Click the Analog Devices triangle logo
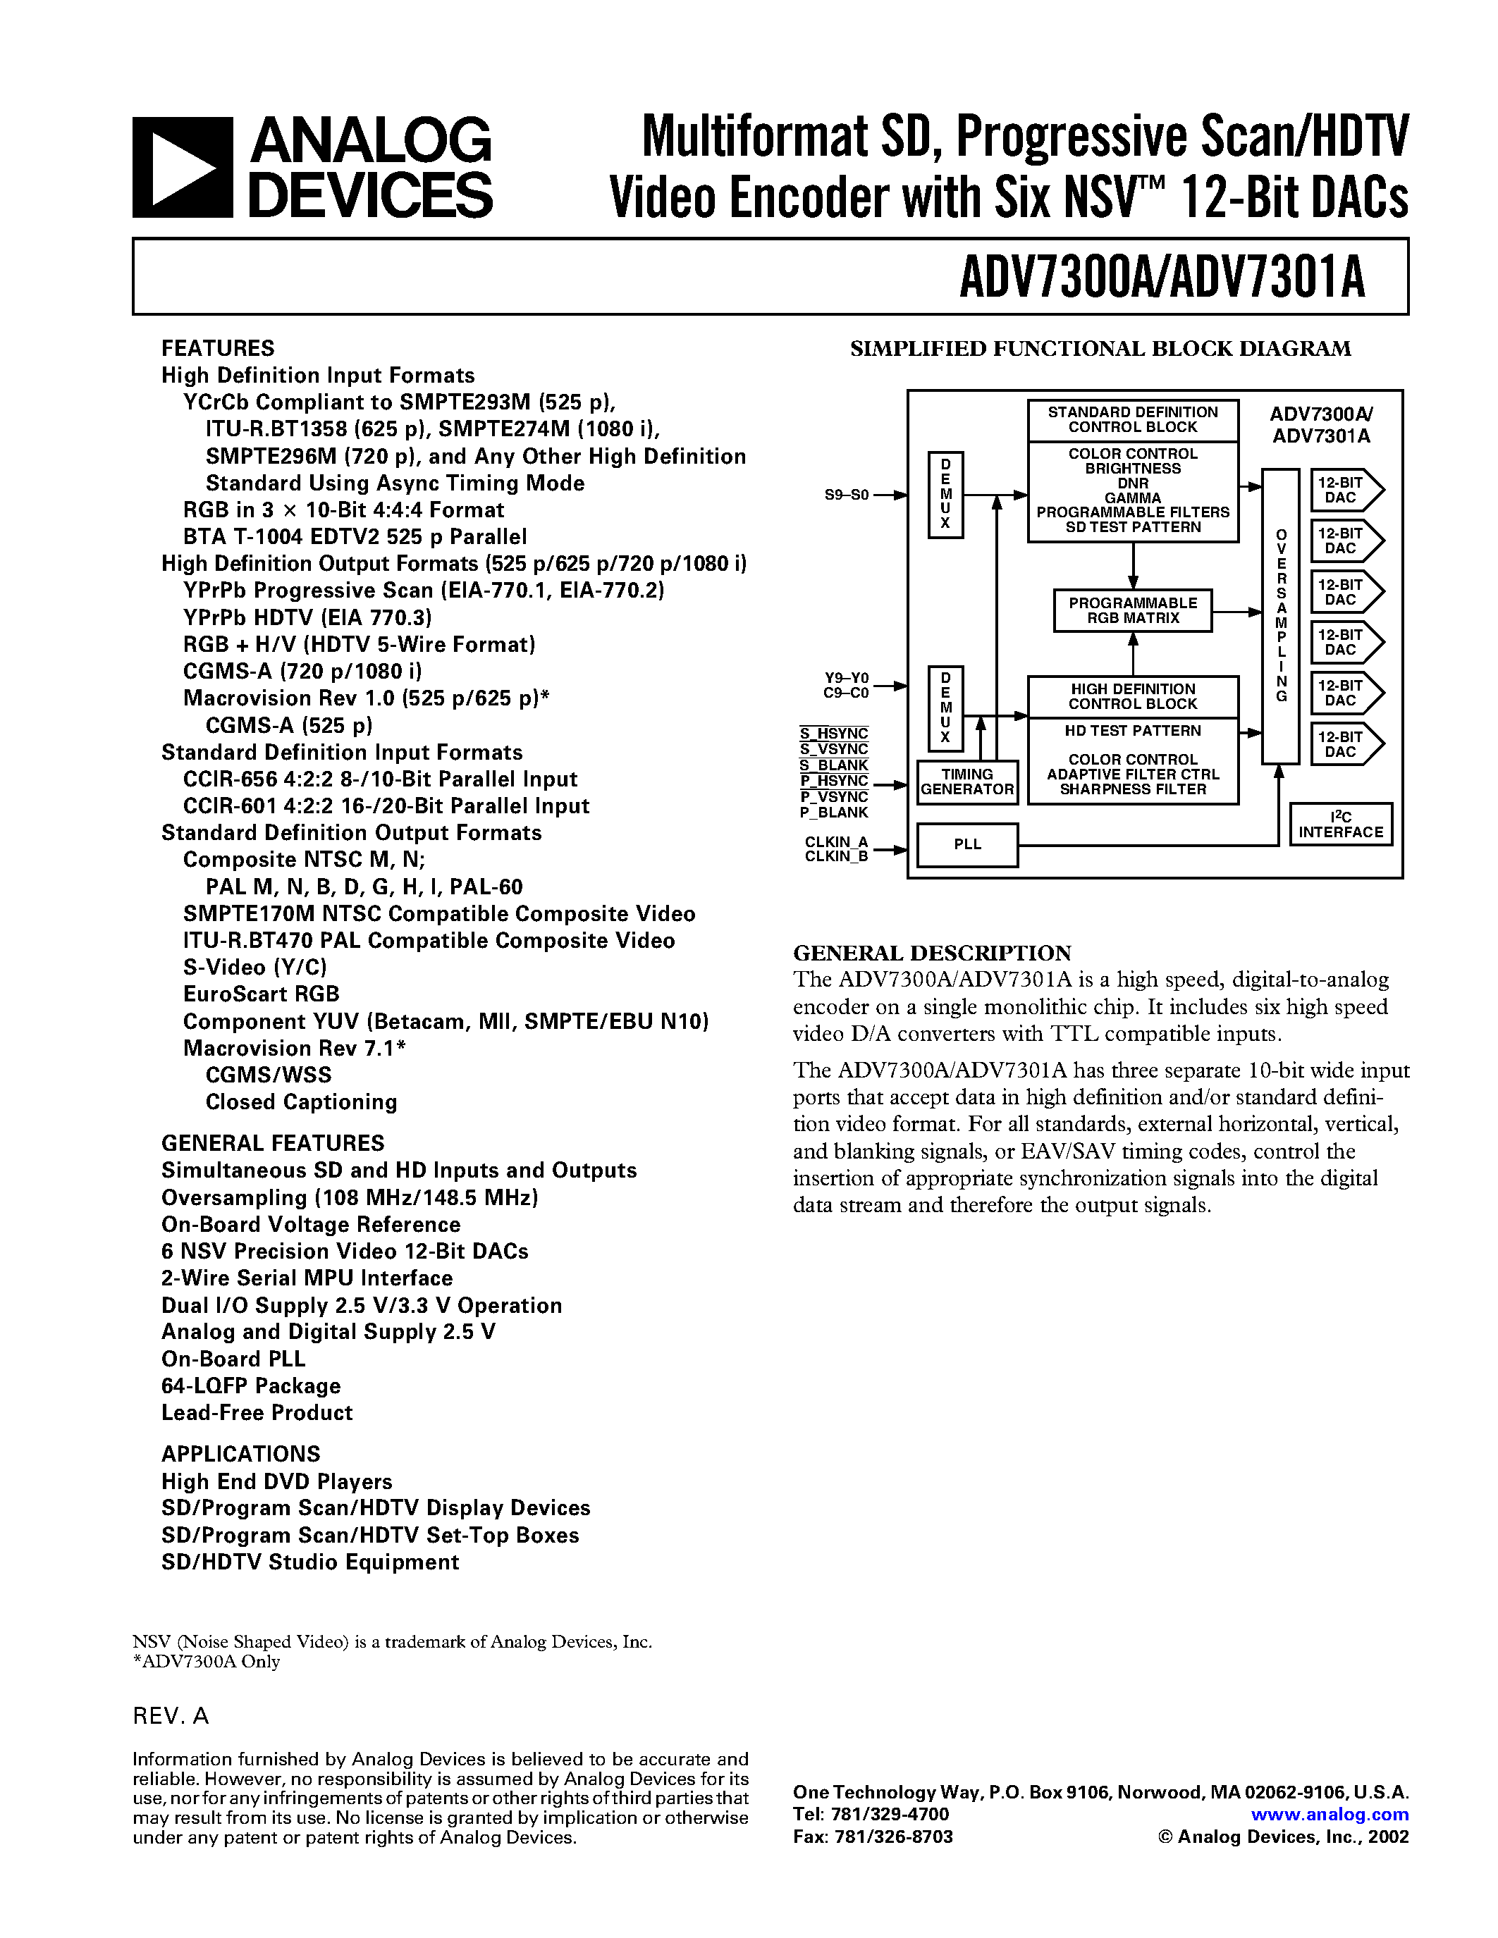tap(183, 168)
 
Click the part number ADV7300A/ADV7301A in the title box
tap(1162, 278)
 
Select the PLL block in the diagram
tap(966, 845)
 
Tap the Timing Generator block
tap(966, 782)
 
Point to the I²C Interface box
tap(1340, 825)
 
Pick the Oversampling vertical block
tap(1281, 616)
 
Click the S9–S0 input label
tap(846, 495)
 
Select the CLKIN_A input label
tap(836, 841)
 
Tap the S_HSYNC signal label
tap(833, 733)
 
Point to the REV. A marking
tap(171, 1716)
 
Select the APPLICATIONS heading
tap(240, 1453)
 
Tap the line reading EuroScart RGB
tap(261, 994)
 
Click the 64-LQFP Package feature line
tap(251, 1385)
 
